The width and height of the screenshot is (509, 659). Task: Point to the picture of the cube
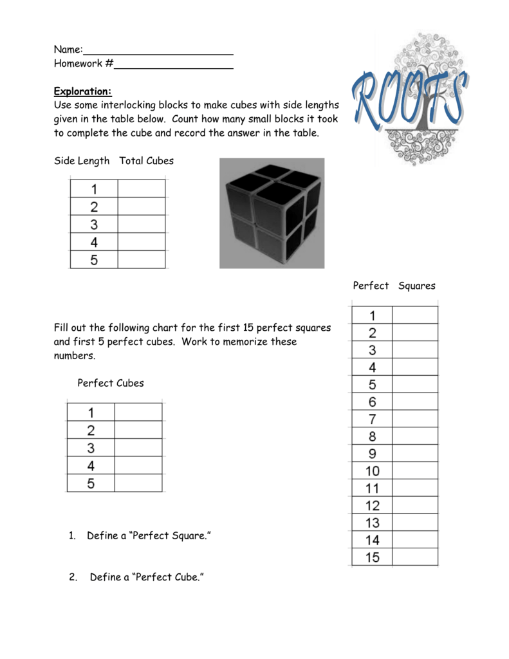pyautogui.click(x=272, y=213)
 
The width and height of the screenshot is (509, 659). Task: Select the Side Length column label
pyautogui.click(x=82, y=161)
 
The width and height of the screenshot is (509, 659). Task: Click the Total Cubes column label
pyautogui.click(x=147, y=161)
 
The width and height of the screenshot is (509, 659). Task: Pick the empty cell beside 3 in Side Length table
pyautogui.click(x=142, y=225)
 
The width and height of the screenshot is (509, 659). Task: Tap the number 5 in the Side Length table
pyautogui.click(x=94, y=260)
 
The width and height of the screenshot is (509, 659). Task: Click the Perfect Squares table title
pyautogui.click(x=394, y=286)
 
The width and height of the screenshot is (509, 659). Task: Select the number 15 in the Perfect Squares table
pyautogui.click(x=373, y=557)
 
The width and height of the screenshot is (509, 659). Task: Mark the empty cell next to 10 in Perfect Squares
pyautogui.click(x=415, y=471)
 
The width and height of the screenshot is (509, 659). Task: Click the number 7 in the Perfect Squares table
pyautogui.click(x=373, y=419)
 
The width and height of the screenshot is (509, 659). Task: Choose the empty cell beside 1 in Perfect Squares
pyautogui.click(x=415, y=315)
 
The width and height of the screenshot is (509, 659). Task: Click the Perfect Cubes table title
pyautogui.click(x=111, y=383)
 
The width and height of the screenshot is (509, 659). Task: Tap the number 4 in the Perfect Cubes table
pyautogui.click(x=91, y=465)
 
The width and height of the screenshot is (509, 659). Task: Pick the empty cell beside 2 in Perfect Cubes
pyautogui.click(x=138, y=430)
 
